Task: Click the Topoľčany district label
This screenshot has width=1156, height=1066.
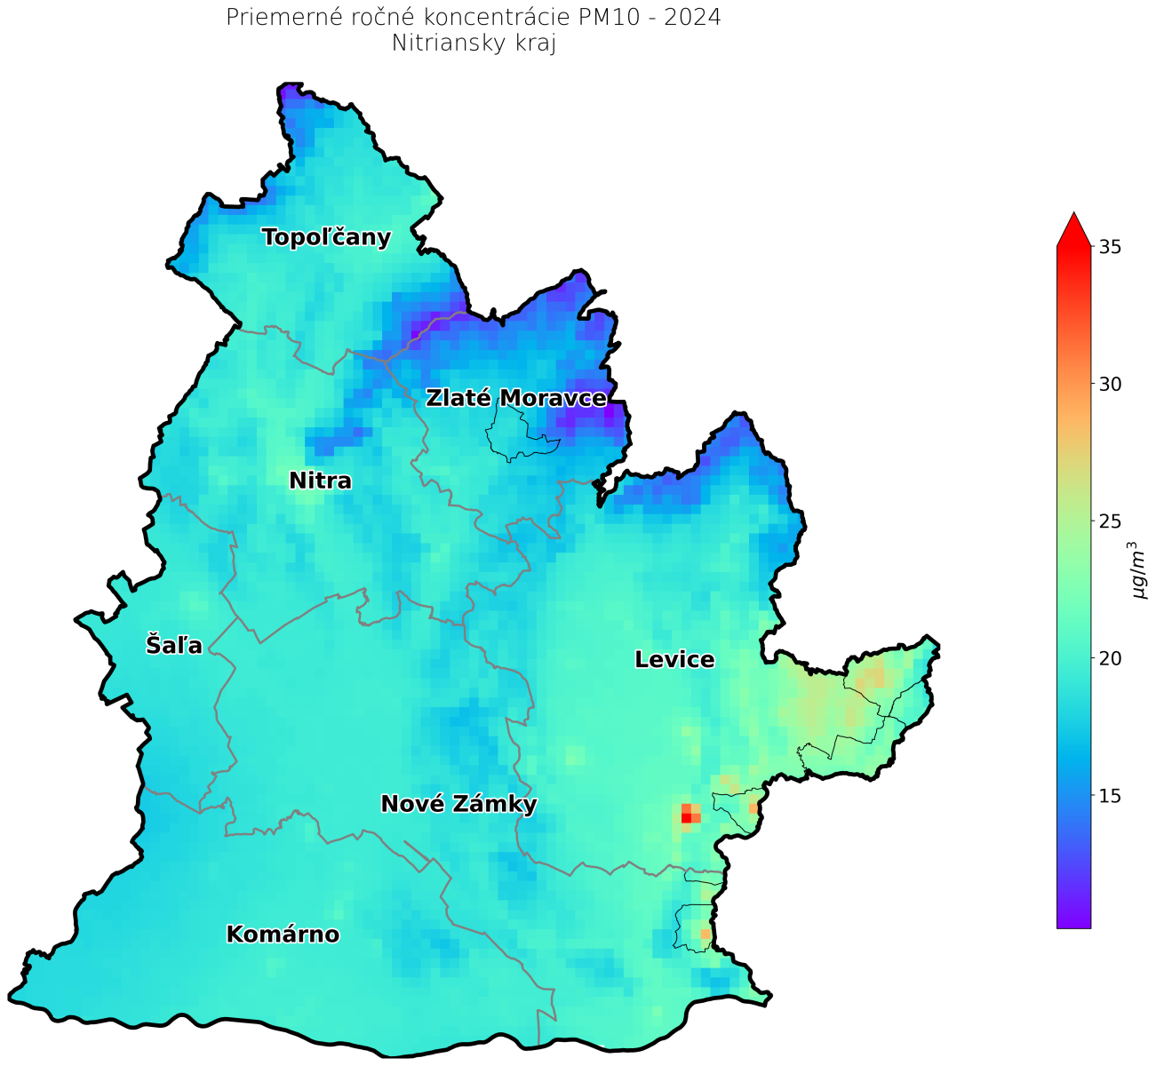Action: pyautogui.click(x=326, y=237)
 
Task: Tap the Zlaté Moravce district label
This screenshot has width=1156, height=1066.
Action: pyautogui.click(x=515, y=398)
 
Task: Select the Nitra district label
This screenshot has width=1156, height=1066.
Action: pyautogui.click(x=320, y=481)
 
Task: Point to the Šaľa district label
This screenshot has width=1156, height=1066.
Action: pyautogui.click(x=174, y=645)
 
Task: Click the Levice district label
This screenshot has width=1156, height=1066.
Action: pyautogui.click(x=674, y=659)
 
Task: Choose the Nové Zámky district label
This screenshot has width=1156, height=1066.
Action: pyautogui.click(x=458, y=804)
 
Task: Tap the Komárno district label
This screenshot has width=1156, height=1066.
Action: pyautogui.click(x=283, y=935)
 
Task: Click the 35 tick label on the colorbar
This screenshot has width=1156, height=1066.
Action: pyautogui.click(x=1109, y=247)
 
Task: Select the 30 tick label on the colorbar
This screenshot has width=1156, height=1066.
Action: pyautogui.click(x=1109, y=384)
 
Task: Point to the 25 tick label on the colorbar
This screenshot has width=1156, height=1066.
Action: pyautogui.click(x=1109, y=521)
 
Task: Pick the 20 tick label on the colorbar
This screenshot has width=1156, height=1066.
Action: pyautogui.click(x=1109, y=658)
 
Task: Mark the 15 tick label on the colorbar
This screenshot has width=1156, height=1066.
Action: pyautogui.click(x=1109, y=795)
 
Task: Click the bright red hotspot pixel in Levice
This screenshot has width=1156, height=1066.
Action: pyautogui.click(x=686, y=818)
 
